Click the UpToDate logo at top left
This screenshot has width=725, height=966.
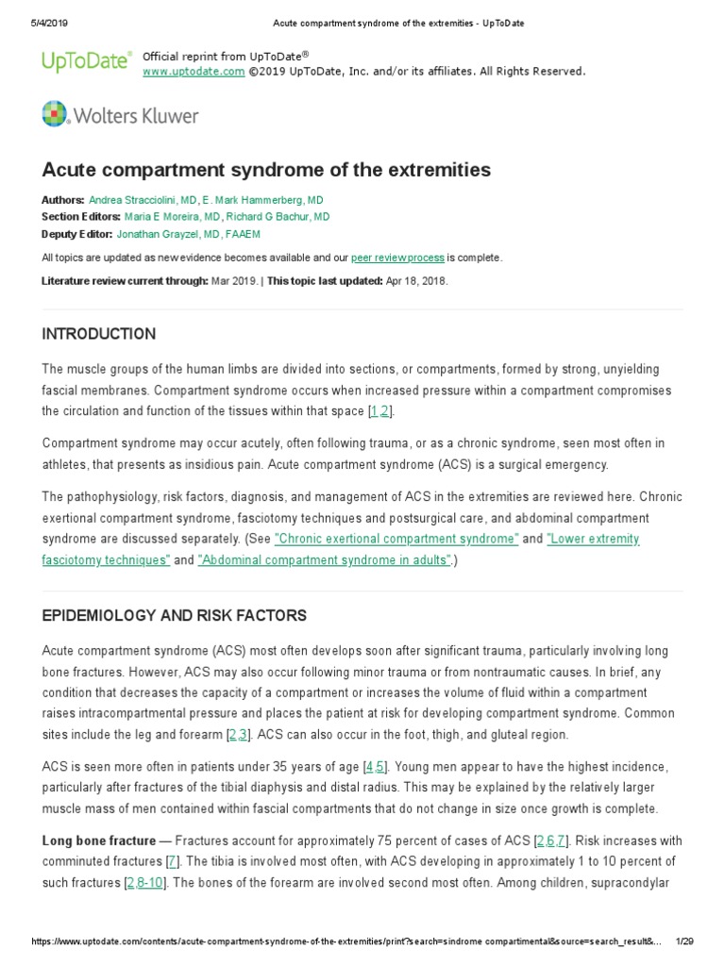tap(85, 62)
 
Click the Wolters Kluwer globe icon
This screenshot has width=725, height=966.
tap(56, 115)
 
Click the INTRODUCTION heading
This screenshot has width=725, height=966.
tap(99, 334)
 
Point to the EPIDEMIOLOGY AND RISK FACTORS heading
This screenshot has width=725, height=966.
tap(174, 615)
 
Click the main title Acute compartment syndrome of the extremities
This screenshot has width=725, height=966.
tap(266, 170)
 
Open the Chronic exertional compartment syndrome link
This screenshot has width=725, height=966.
tap(396, 539)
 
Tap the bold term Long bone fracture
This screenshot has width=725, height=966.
tap(97, 841)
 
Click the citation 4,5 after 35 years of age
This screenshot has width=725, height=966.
tap(374, 767)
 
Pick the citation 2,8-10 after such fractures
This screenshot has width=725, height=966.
tap(150, 882)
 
